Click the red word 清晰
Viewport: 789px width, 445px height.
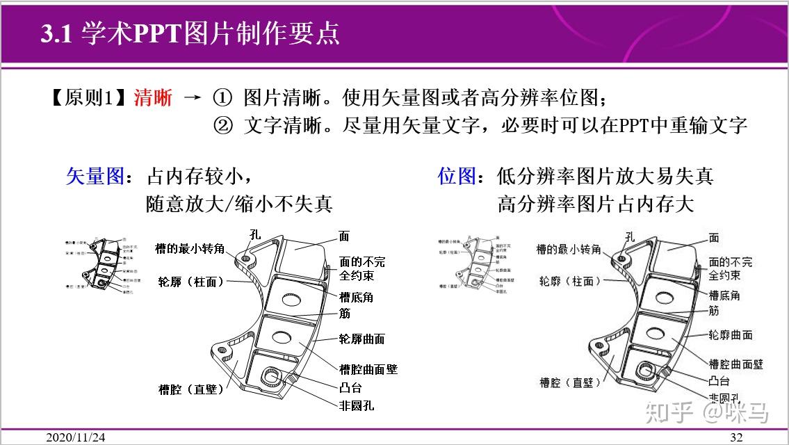(x=153, y=98)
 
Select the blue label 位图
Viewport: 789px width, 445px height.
(x=456, y=176)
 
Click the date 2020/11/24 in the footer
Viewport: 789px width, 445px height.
(x=76, y=437)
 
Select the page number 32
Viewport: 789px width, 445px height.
(x=736, y=437)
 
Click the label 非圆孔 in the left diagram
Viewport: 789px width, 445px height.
(x=357, y=405)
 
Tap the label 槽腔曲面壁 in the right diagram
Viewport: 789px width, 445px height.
(x=735, y=364)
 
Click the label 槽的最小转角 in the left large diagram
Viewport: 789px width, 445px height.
(x=190, y=248)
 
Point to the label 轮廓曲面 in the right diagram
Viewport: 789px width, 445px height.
(x=730, y=335)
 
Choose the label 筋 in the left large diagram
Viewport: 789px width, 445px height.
(x=344, y=314)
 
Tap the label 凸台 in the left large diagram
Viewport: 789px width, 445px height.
(x=350, y=388)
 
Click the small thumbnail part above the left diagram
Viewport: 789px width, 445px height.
(x=98, y=264)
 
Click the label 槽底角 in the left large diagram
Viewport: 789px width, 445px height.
(x=356, y=297)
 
